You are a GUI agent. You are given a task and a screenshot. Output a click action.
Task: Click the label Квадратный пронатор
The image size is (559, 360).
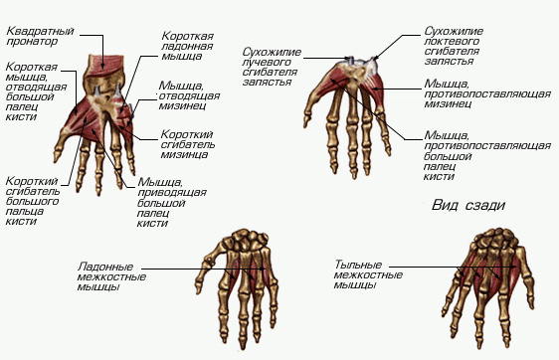(x=41, y=36)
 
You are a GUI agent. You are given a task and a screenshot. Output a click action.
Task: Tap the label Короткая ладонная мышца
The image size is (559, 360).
(x=188, y=46)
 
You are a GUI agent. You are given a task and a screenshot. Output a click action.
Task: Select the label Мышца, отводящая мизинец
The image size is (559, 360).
(x=189, y=95)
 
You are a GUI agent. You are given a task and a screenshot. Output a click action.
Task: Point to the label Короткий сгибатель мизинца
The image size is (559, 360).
(x=188, y=144)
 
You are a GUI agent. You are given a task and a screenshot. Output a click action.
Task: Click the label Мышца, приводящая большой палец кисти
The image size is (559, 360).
(x=172, y=203)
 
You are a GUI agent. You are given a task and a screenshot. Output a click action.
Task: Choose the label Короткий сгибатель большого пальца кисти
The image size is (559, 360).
(x=33, y=201)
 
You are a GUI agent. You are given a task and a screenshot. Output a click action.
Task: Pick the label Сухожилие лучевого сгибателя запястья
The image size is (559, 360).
(x=272, y=67)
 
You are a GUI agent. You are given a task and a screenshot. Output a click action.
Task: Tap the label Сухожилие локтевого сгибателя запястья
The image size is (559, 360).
(x=454, y=46)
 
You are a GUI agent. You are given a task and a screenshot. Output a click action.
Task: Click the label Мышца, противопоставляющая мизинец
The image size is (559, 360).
(x=487, y=93)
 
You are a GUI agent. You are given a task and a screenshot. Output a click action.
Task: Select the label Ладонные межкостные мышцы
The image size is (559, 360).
(x=111, y=276)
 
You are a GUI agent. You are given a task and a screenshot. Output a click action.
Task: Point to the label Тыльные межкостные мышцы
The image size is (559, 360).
(x=368, y=274)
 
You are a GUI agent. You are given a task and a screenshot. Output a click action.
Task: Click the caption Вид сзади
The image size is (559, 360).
(x=468, y=205)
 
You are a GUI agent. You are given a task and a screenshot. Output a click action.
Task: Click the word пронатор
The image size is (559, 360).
(x=32, y=42)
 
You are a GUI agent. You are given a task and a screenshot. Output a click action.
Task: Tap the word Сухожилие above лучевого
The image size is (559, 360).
(x=272, y=52)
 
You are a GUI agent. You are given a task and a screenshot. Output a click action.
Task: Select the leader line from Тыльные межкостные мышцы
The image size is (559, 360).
(x=453, y=267)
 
